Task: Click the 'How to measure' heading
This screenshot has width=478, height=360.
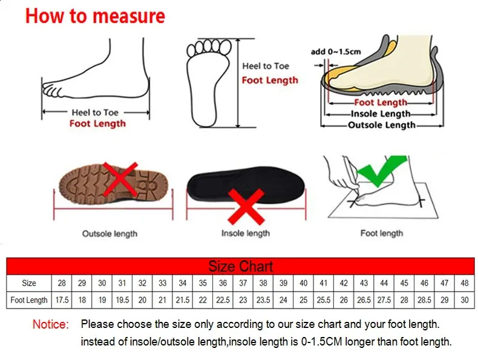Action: click(x=95, y=16)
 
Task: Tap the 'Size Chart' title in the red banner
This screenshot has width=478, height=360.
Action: click(x=241, y=266)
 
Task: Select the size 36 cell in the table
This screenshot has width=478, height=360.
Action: click(x=223, y=283)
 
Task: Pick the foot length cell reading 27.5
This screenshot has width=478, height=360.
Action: click(x=384, y=300)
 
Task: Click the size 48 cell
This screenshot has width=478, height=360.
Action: click(x=464, y=283)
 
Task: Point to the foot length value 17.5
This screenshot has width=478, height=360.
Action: click(x=62, y=300)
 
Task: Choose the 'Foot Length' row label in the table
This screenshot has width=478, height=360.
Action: click(x=29, y=300)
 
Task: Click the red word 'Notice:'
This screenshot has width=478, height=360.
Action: click(x=51, y=324)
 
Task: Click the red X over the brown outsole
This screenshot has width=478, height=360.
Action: click(x=120, y=179)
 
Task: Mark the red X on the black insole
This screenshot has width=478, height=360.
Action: click(x=246, y=206)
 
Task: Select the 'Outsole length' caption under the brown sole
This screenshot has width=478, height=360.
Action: click(x=110, y=234)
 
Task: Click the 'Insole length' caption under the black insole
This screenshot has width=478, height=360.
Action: click(x=246, y=234)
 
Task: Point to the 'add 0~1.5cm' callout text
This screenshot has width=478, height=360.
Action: click(x=336, y=52)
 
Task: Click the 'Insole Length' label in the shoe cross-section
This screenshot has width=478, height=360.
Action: click(x=381, y=114)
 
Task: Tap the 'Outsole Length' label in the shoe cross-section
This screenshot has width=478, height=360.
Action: click(x=382, y=125)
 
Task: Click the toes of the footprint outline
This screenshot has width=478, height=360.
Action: click(x=209, y=48)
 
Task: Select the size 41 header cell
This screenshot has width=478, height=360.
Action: click(x=324, y=283)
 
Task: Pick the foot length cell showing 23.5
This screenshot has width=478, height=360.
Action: click(x=263, y=300)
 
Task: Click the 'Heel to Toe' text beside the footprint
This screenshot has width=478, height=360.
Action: click(x=266, y=66)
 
